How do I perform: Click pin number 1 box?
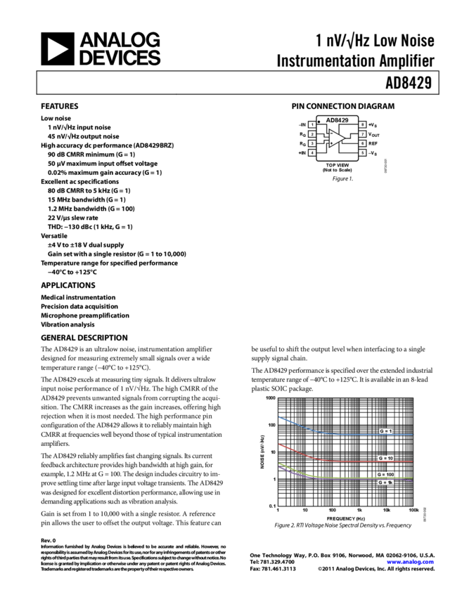312,124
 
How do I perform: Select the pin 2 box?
312,133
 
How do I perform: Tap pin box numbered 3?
312,143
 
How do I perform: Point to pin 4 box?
312,152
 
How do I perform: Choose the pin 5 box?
362,152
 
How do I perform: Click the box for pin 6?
362,143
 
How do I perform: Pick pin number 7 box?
362,133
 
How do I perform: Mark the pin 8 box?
362,124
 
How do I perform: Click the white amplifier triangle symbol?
338,138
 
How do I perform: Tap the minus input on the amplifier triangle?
331,133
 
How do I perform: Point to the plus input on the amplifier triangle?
331,144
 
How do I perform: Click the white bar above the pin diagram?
350,112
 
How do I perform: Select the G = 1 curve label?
386,431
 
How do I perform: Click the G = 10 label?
386,457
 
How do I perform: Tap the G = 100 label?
386,474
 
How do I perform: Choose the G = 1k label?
385,483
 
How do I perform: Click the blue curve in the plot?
309,428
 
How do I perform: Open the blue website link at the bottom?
410,562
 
